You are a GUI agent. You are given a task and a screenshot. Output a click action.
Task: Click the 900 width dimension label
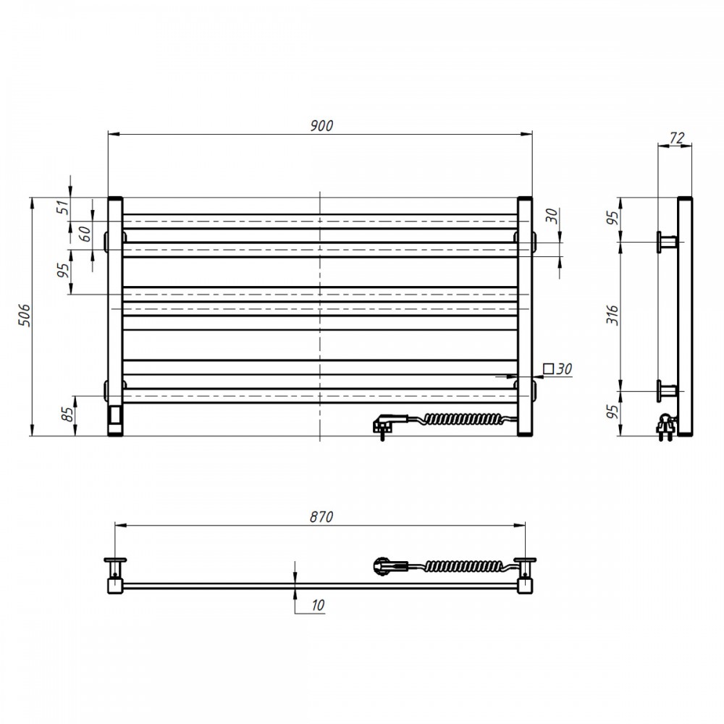pyautogui.click(x=321, y=125)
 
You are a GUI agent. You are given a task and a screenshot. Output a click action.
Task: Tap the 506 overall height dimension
pyautogui.click(x=24, y=316)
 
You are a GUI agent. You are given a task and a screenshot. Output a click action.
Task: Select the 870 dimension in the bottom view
pyautogui.click(x=321, y=517)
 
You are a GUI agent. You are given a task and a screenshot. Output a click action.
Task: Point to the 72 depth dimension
pyautogui.click(x=677, y=138)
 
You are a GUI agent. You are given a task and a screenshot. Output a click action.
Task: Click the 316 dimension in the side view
pyautogui.click(x=613, y=316)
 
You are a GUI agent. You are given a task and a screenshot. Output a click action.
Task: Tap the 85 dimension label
pyautogui.click(x=67, y=414)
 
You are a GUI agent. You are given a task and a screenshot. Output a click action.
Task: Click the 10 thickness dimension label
pyautogui.click(x=318, y=605)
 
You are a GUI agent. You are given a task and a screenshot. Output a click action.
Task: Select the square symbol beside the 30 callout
pyautogui.click(x=549, y=369)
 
